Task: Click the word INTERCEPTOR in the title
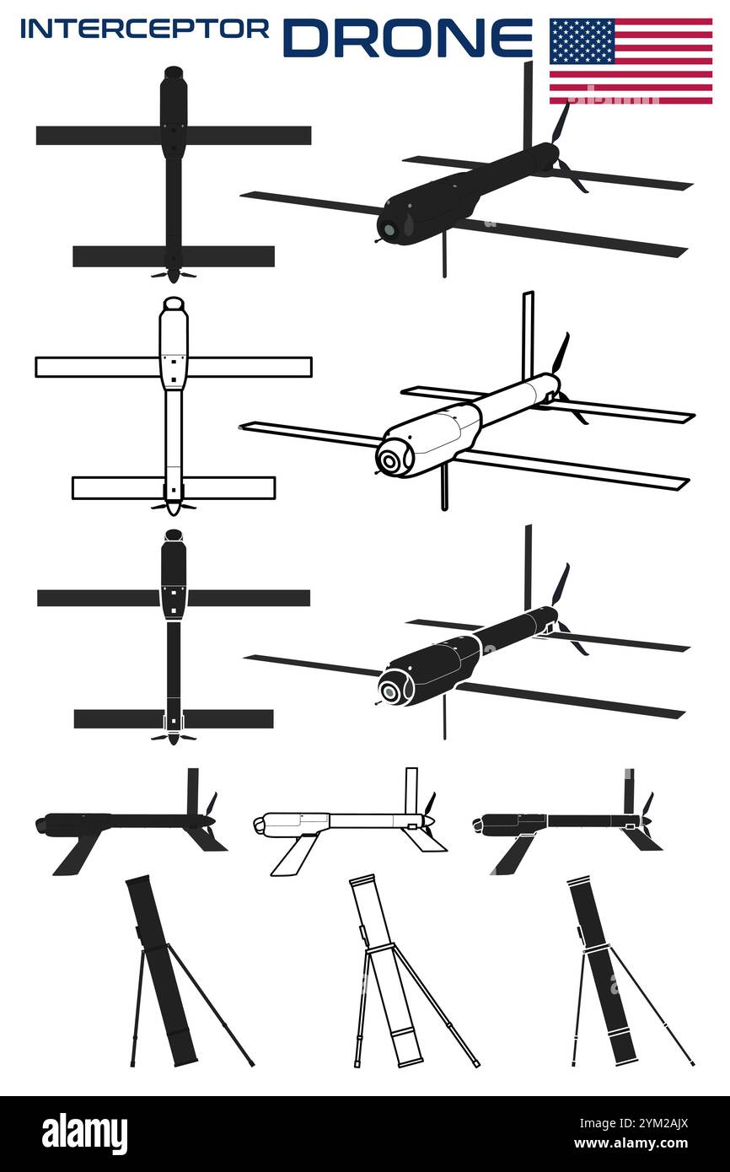(144, 29)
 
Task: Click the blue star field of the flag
(582, 40)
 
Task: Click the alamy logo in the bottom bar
(84, 1133)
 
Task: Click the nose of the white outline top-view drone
(173, 304)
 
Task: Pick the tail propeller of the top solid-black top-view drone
(173, 275)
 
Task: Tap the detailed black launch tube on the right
(601, 970)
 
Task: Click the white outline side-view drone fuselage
(337, 820)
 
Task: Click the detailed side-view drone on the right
(556, 820)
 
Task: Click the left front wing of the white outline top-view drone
(96, 367)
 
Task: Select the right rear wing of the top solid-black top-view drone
(228, 256)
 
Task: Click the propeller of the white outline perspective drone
(561, 354)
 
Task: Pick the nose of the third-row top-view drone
(174, 535)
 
